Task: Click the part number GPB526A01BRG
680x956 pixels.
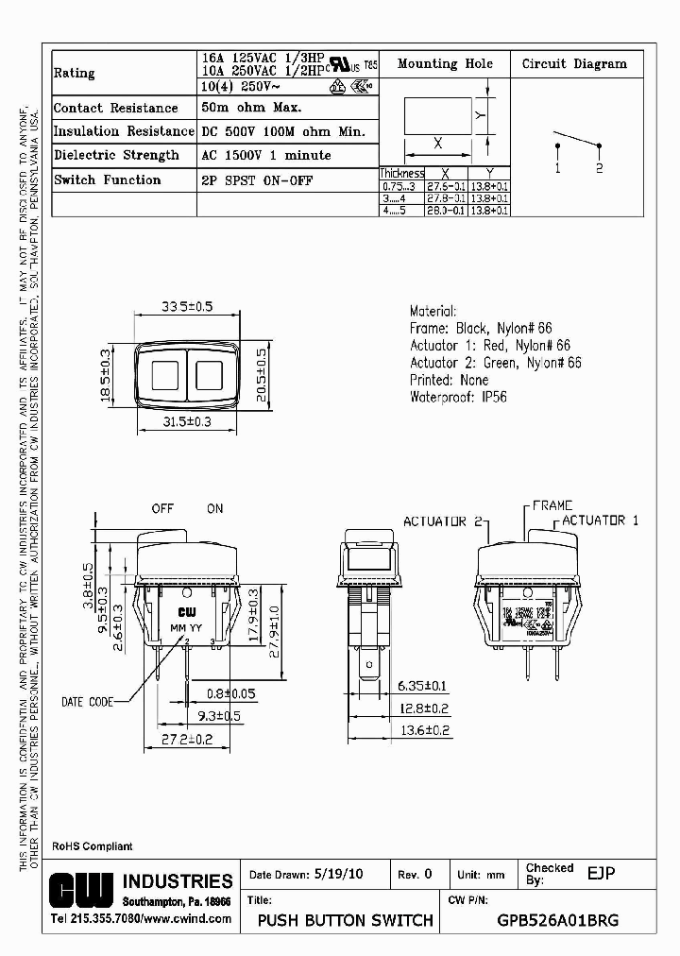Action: [557, 920]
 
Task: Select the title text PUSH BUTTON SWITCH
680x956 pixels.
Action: [345, 920]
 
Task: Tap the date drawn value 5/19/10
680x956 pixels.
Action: [337, 875]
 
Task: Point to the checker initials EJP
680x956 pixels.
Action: [601, 874]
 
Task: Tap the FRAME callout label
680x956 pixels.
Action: [552, 506]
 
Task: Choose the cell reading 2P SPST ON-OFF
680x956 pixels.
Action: [257, 179]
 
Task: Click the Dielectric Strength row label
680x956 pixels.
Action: [116, 155]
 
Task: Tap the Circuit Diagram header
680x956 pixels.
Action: [574, 64]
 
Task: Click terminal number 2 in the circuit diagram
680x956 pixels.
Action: [599, 167]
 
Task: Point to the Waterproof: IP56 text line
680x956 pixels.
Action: [458, 397]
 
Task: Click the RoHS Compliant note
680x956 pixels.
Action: [92, 846]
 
